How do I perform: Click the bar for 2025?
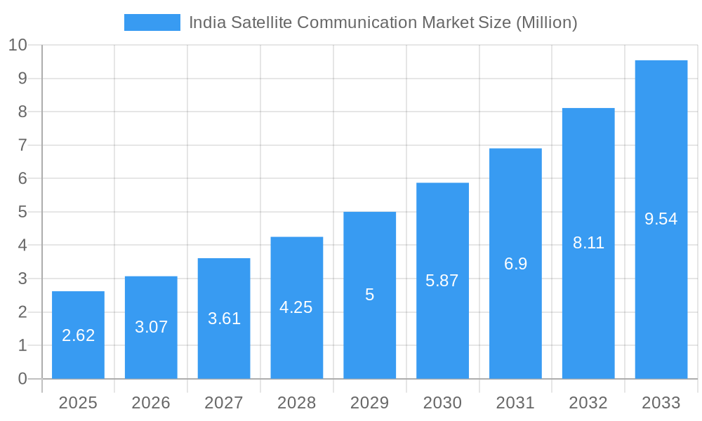[x=78, y=335]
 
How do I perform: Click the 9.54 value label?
[x=661, y=219]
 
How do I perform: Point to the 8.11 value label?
[x=588, y=243]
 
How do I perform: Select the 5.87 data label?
[x=442, y=281]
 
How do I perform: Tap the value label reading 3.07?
[x=151, y=327]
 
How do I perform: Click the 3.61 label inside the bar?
[x=224, y=319]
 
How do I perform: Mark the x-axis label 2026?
[x=151, y=403]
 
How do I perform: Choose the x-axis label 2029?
[x=370, y=403]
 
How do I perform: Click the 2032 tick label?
[x=588, y=403]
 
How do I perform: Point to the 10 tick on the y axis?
[x=18, y=45]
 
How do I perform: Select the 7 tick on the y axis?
[x=22, y=145]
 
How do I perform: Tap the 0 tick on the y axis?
[x=22, y=379]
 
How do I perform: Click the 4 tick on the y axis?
[x=22, y=246]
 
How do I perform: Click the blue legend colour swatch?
[x=152, y=22]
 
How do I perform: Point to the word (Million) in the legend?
[x=546, y=22]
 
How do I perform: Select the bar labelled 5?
[x=370, y=295]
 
